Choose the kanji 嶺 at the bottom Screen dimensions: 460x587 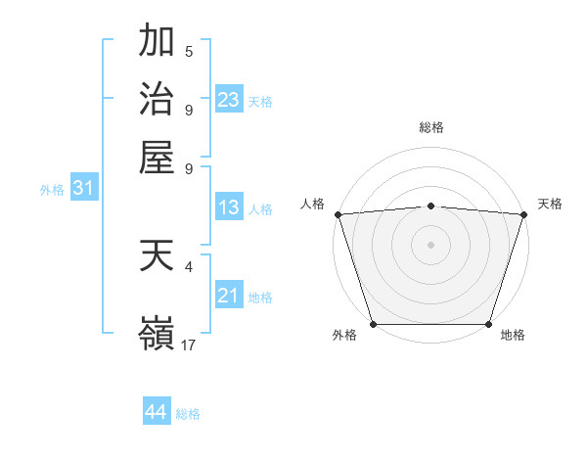(x=157, y=334)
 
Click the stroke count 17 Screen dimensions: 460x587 (x=189, y=345)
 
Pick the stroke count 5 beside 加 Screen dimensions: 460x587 (x=189, y=51)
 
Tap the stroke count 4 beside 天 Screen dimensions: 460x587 (x=189, y=265)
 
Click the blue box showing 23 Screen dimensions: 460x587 (x=229, y=100)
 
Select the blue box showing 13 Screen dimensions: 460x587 (x=229, y=207)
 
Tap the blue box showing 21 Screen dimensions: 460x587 (x=229, y=296)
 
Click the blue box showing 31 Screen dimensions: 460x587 (x=83, y=188)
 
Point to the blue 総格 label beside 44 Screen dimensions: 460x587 (x=188, y=414)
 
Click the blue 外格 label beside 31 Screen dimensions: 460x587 (x=52, y=190)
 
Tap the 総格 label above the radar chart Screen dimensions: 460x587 (x=431, y=127)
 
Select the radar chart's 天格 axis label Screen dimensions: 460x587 (x=551, y=204)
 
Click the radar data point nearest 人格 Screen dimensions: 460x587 (x=339, y=214)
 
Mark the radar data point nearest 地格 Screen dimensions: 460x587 (x=488, y=324)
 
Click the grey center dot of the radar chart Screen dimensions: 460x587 (x=431, y=245)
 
